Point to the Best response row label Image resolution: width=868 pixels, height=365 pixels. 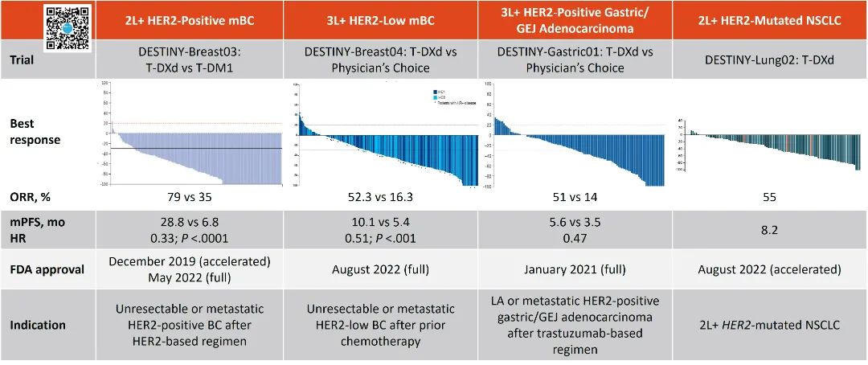(35, 133)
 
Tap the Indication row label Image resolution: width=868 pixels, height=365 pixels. (38, 325)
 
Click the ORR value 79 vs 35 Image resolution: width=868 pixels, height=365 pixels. (189, 195)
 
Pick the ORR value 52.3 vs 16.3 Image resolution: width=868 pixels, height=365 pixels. (381, 195)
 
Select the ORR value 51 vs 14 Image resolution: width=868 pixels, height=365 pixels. (575, 195)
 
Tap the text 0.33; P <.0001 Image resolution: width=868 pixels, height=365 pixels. (189, 239)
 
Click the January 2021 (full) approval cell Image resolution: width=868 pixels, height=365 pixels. (575, 269)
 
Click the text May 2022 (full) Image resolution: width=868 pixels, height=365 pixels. (189, 277)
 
